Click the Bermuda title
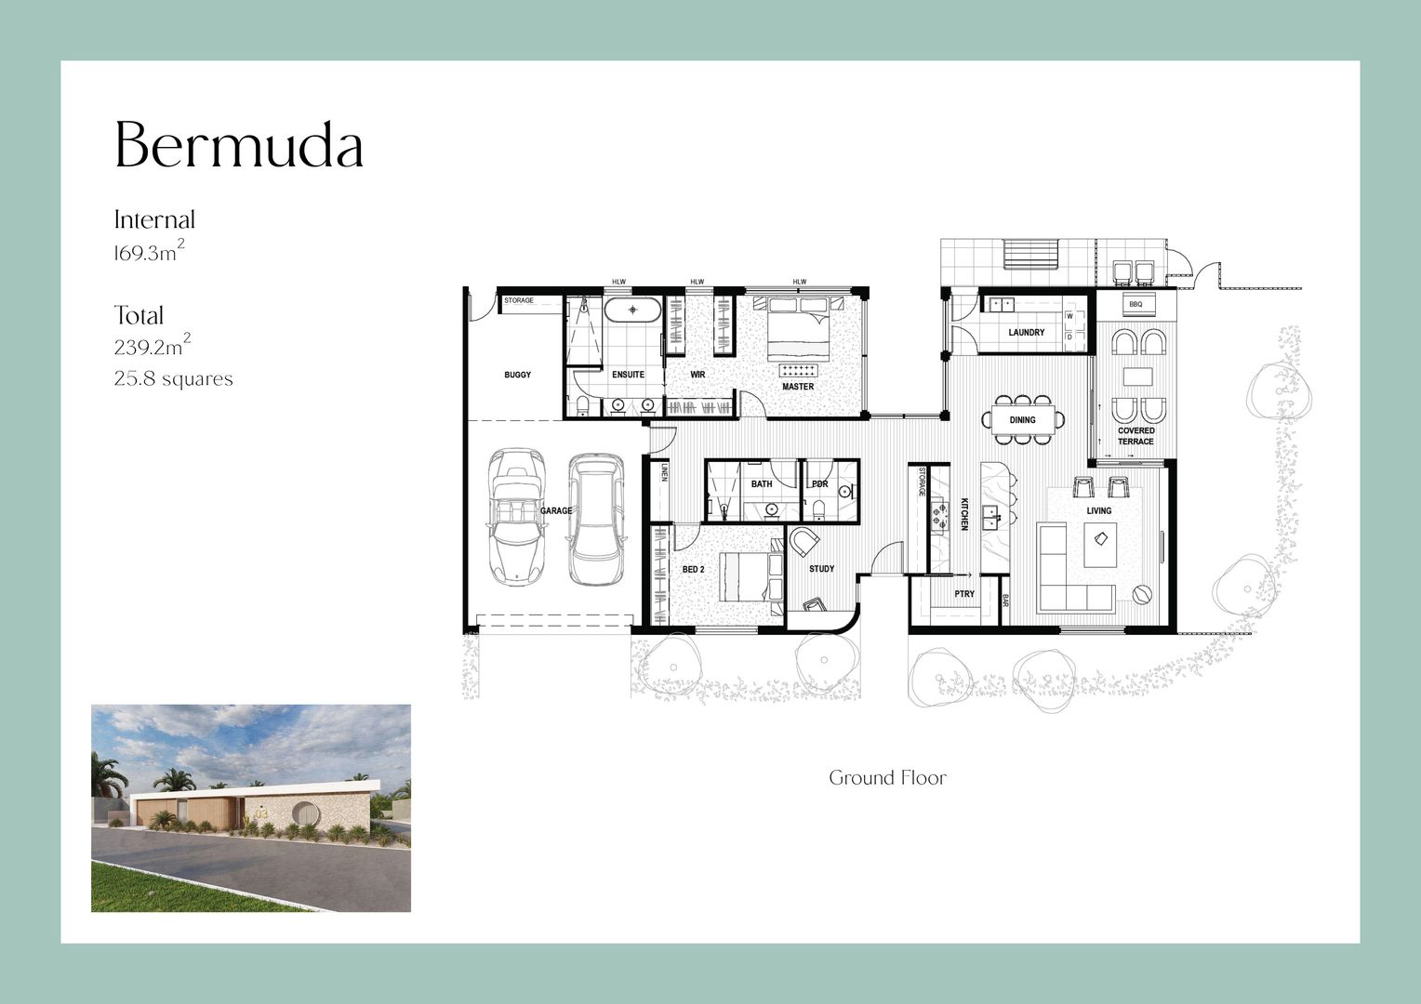point(238,145)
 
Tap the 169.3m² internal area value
point(150,251)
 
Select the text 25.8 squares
point(173,378)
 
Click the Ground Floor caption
point(887,777)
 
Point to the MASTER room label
point(798,386)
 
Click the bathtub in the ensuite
point(631,310)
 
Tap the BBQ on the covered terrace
point(1135,304)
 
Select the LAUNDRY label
point(1027,332)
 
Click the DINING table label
point(1023,420)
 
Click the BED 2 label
point(694,570)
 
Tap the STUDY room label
point(821,569)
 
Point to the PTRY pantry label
point(964,594)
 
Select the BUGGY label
point(518,375)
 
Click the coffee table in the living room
point(1100,545)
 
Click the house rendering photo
point(251,808)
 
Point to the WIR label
point(697,375)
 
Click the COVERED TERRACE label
point(1136,436)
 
